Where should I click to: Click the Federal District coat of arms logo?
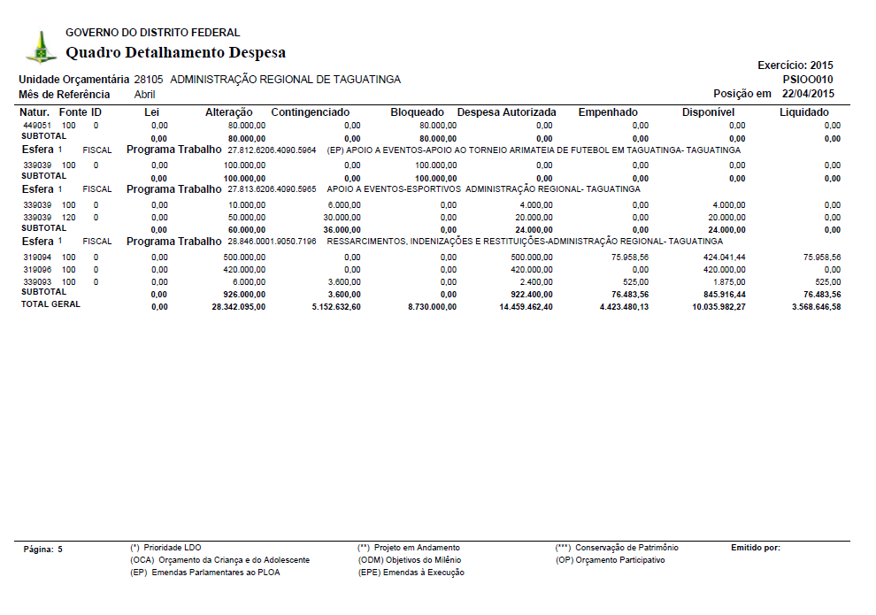coord(40,47)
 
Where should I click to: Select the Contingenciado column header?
coord(310,112)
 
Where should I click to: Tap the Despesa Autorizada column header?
coord(506,112)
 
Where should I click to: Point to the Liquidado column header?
coord(803,112)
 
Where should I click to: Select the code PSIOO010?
coord(808,79)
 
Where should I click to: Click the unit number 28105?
coord(149,80)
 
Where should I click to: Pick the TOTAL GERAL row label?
coord(50,304)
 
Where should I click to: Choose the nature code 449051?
coord(36,127)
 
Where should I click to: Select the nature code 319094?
coord(36,258)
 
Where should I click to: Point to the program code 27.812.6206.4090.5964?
coord(272,150)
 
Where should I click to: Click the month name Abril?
coord(144,95)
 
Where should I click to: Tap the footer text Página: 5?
coord(43,550)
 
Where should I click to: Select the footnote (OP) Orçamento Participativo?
coord(610,560)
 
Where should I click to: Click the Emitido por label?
coord(755,548)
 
